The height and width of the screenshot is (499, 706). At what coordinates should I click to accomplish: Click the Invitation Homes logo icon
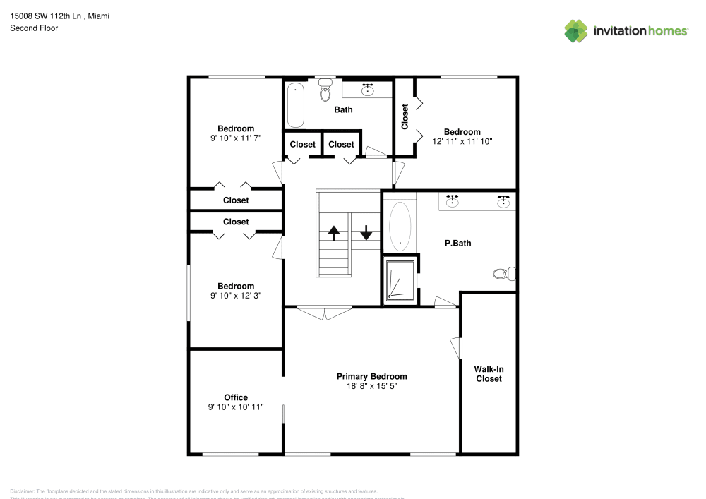coord(575,30)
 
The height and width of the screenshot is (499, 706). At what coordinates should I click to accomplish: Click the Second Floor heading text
coord(34,28)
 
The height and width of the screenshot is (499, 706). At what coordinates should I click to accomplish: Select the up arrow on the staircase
coord(333,232)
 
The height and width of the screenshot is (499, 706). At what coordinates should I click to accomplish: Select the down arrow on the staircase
coord(366,232)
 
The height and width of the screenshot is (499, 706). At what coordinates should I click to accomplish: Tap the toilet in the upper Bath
coord(325,91)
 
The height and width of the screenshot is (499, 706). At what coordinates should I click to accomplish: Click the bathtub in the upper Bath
coord(295,105)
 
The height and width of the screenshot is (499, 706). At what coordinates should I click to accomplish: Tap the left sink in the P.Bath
coord(453,202)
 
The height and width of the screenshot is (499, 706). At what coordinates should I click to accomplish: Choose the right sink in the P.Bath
coord(503,202)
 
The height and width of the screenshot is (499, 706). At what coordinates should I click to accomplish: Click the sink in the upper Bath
coord(368,90)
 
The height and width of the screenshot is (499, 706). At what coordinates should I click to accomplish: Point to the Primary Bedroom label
coord(371,376)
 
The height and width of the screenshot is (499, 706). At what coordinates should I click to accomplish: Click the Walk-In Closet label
coord(488,373)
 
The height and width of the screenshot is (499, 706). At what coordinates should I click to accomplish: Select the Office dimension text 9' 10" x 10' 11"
coord(236,407)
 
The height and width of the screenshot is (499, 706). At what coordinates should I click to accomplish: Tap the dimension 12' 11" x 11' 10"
coord(462,141)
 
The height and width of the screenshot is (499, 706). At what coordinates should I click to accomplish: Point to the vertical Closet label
coord(405,117)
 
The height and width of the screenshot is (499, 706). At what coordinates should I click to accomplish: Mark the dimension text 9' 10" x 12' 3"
coord(236,296)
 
